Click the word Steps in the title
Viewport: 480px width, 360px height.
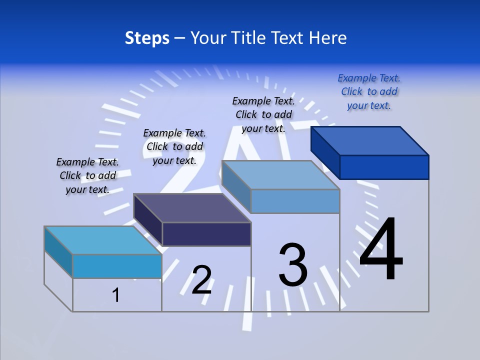(147, 38)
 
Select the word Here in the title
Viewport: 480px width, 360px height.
(328, 38)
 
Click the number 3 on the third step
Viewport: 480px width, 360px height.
(293, 264)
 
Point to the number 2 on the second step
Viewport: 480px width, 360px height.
(202, 280)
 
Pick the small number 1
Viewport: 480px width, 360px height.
(116, 295)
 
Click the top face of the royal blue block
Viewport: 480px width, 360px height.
(370, 141)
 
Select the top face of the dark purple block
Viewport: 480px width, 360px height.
(192, 208)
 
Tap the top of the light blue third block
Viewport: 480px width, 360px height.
(281, 175)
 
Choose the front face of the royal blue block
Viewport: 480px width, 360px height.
(384, 167)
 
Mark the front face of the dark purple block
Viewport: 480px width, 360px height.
(206, 234)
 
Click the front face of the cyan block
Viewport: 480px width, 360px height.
(117, 266)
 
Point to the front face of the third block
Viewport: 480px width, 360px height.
(295, 201)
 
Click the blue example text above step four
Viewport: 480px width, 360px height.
(369, 92)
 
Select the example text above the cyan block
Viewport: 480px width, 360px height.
(87, 175)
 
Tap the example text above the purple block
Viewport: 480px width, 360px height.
(174, 146)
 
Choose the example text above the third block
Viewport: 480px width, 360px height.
(263, 114)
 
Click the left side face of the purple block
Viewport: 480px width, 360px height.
(148, 220)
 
